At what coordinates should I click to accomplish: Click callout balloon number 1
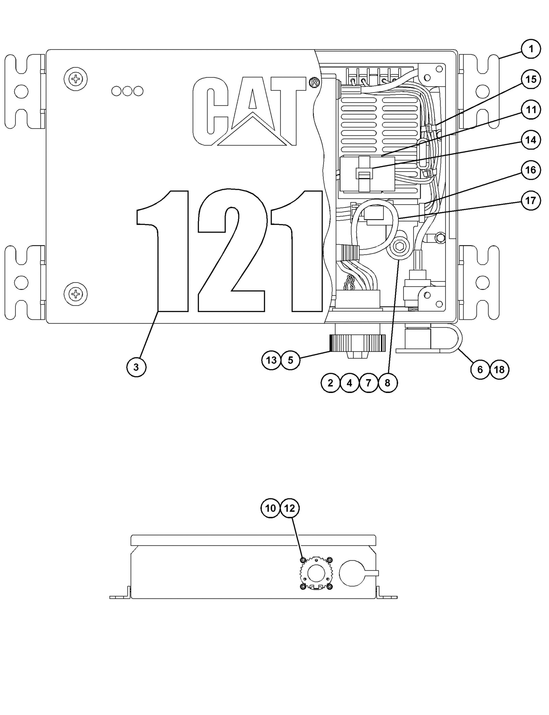[531, 49]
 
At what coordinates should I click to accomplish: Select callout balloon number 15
[531, 79]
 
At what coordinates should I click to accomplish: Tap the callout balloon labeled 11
[531, 110]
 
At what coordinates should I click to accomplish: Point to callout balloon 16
[531, 170]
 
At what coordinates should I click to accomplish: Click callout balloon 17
[531, 200]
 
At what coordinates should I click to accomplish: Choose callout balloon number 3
[136, 367]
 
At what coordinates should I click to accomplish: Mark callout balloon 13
[271, 360]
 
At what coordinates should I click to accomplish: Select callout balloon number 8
[387, 383]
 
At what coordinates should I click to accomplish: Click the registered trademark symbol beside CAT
[314, 83]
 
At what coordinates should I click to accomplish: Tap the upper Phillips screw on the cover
[76, 79]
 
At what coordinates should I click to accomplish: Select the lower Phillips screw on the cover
[76, 294]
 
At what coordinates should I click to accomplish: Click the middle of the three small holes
[127, 91]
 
